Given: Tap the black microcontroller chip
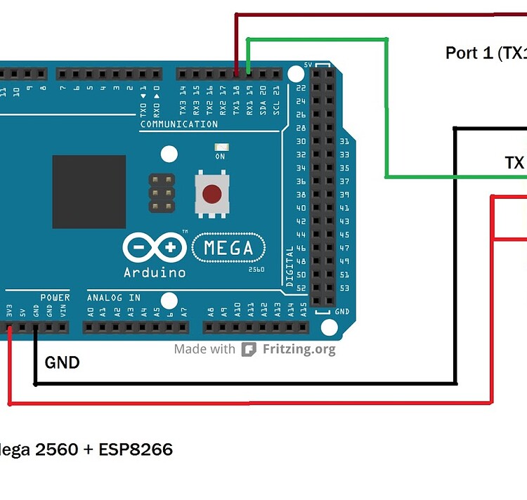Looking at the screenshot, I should (89, 192).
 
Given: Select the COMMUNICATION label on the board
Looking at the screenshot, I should (179, 124).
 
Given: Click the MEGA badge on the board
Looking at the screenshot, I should (228, 248).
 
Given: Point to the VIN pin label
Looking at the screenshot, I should (63, 310).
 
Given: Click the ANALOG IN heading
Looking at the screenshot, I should (114, 298).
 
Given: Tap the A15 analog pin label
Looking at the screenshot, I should (304, 310).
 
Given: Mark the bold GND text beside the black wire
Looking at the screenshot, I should (62, 363).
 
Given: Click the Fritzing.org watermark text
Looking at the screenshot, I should (299, 349).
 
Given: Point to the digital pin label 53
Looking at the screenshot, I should (344, 288).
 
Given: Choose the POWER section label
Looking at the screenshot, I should (55, 298).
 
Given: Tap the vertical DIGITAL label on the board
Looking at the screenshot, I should (290, 266).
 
